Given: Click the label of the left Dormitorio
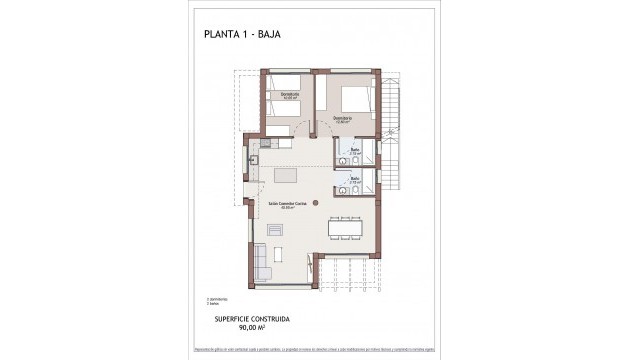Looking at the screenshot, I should [290, 96].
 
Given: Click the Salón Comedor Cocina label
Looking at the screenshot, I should [285, 203].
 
